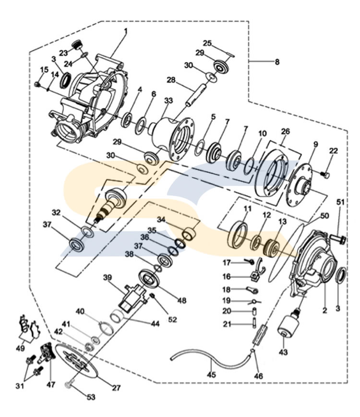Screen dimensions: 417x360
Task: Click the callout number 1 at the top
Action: pos(125,32)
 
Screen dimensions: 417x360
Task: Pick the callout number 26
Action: pos(286,131)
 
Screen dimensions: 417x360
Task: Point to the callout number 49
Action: pos(19,347)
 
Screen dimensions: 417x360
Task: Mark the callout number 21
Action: pos(226,324)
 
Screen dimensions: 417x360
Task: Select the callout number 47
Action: pos(51,384)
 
